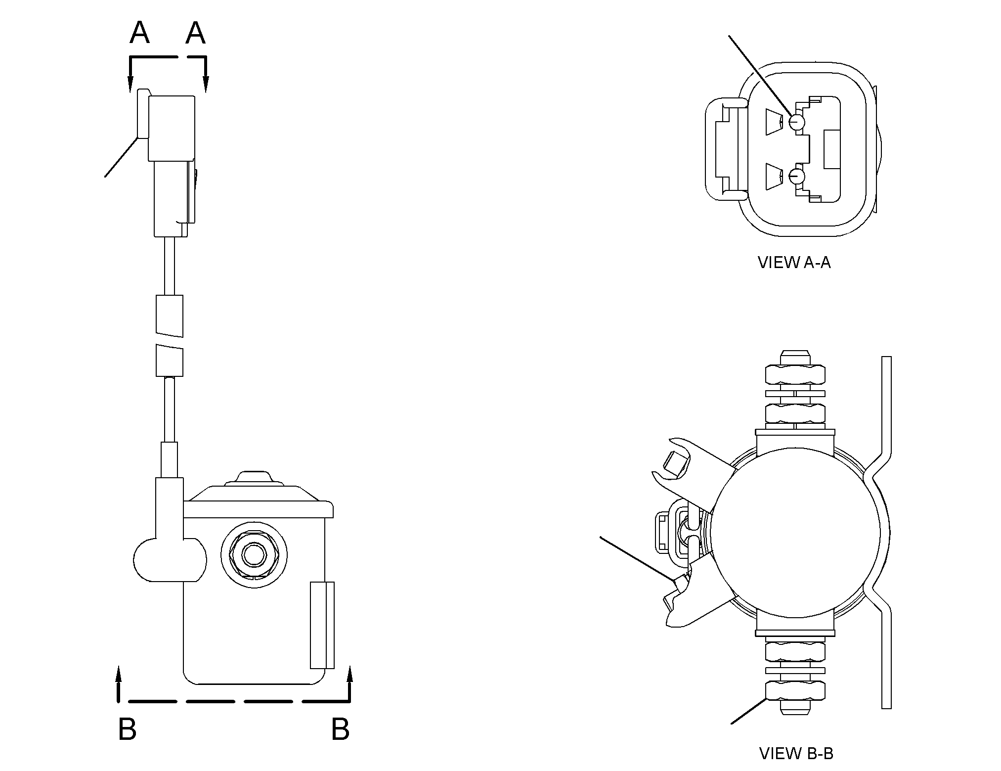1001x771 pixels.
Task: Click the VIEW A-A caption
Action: (x=794, y=262)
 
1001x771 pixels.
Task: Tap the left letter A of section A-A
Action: (x=140, y=34)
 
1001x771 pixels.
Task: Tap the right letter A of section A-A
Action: (x=196, y=34)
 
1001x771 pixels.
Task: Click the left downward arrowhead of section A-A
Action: (x=131, y=84)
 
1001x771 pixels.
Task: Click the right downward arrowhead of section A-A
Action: (x=206, y=84)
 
